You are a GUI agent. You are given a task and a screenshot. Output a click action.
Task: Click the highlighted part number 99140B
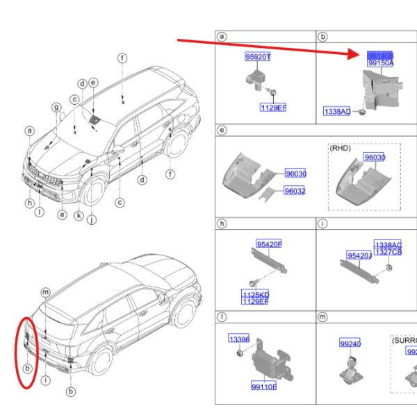tap(380, 54)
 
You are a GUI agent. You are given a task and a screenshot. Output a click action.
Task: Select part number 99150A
tap(380, 62)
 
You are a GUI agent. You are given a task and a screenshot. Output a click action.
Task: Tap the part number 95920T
tap(257, 57)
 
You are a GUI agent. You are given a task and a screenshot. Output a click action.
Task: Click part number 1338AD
tap(337, 111)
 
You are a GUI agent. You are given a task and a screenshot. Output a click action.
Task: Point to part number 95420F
tap(269, 244)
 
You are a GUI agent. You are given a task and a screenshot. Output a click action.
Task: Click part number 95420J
tap(359, 255)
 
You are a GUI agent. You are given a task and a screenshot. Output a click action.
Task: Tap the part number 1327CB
tap(388, 252)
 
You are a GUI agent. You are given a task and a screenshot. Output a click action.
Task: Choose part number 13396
tap(239, 339)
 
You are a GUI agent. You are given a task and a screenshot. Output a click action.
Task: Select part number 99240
tap(350, 344)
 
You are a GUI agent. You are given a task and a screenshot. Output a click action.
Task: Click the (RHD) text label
tap(340, 148)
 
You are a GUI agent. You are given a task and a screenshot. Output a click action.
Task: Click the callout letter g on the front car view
tap(57, 106)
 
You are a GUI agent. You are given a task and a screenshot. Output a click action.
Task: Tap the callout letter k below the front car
tap(79, 216)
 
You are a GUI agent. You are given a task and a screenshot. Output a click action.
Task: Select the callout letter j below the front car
tap(90, 221)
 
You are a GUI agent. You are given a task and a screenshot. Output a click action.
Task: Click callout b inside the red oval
tap(28, 367)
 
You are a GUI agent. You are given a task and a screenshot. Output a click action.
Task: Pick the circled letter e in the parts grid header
tap(222, 130)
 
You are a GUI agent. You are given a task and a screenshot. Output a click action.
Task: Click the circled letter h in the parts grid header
tap(222, 223)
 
